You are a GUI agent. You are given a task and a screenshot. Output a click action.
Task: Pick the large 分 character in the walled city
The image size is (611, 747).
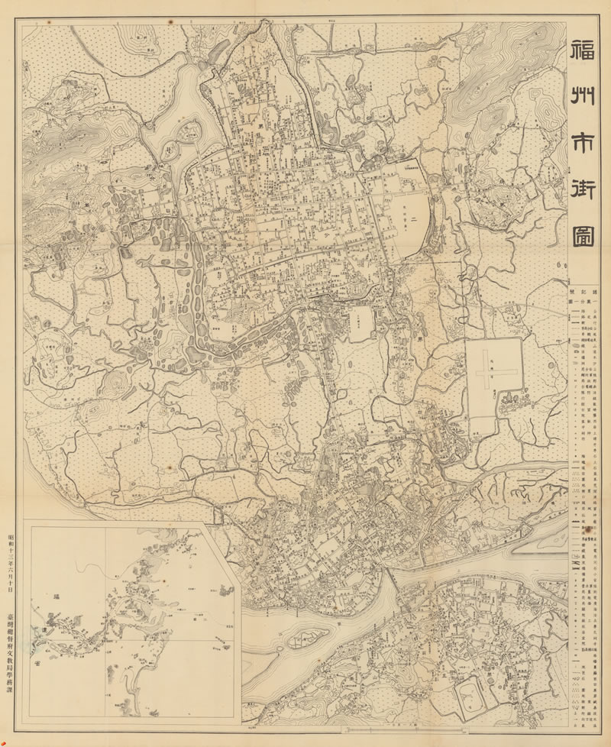tap(327, 236)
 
